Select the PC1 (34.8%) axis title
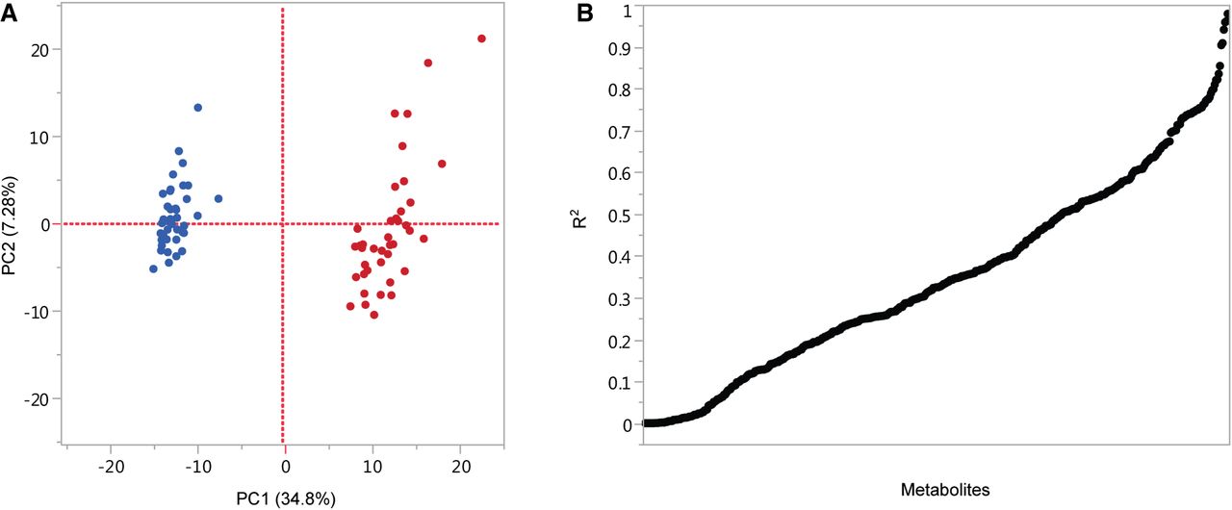pos(285,498)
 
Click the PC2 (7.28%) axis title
pos(12,225)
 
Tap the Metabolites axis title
pos(945,490)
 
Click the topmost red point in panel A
pos(481,38)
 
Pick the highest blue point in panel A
pos(198,108)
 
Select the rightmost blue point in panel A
pos(218,199)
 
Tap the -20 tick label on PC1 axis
pos(111,468)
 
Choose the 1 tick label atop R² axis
pos(627,8)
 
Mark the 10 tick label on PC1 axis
pos(372,468)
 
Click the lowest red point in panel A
pos(374,315)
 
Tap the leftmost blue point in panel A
pos(153,268)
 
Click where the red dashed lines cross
pos(284,223)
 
